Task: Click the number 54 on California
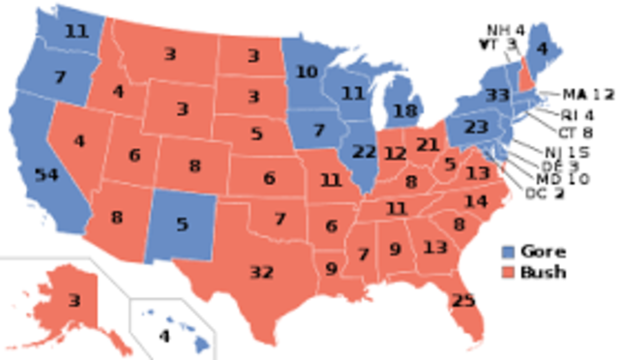pyautogui.click(x=45, y=174)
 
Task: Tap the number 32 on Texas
pyautogui.click(x=261, y=273)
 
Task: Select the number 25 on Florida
pyautogui.click(x=463, y=301)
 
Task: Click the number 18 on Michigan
pyautogui.click(x=403, y=112)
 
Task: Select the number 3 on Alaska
pyautogui.click(x=74, y=302)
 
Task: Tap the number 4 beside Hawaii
pyautogui.click(x=163, y=337)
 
